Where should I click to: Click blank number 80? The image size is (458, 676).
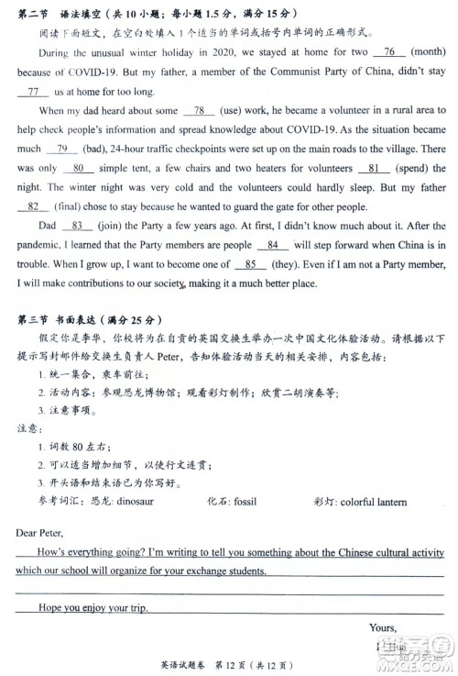click(x=79, y=168)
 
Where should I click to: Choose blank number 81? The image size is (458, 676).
click(x=372, y=168)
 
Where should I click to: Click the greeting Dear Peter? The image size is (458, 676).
click(x=41, y=533)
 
